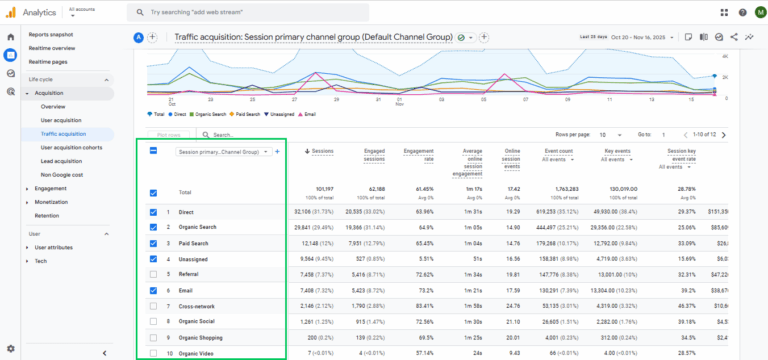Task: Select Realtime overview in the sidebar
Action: click(x=51, y=48)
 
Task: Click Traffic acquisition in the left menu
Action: click(x=63, y=133)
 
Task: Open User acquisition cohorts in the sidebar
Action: click(x=71, y=147)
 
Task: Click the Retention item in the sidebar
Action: click(x=46, y=215)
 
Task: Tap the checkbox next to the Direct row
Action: click(x=153, y=213)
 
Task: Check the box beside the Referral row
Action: click(x=153, y=272)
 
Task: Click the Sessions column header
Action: click(x=321, y=151)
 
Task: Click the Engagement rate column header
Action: click(x=418, y=154)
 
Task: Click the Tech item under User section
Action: click(x=40, y=260)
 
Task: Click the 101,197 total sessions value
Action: click(x=322, y=188)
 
